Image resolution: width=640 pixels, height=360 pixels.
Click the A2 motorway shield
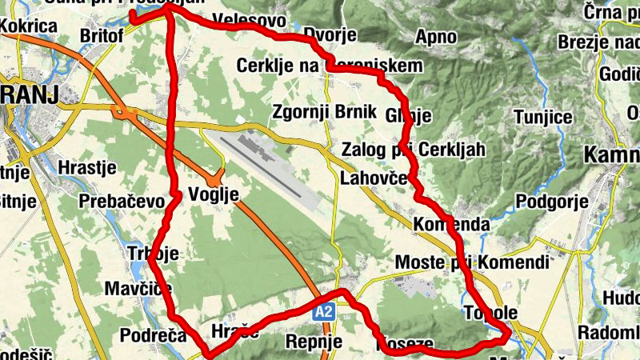coord(323,313)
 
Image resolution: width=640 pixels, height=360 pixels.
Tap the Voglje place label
coord(214,193)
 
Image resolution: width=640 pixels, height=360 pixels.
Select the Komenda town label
coord(451,225)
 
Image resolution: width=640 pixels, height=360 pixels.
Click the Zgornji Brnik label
coord(324,111)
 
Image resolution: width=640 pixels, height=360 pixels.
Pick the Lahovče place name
coord(374,178)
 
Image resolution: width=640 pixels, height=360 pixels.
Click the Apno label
coord(436,36)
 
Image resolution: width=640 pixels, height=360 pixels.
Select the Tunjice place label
coord(544,118)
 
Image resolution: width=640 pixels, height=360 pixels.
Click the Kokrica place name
coord(30,26)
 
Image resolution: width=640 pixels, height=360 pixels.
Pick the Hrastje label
coord(88,168)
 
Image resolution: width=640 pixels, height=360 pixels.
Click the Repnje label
coord(314,342)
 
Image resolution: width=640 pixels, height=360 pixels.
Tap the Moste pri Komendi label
coord(473,262)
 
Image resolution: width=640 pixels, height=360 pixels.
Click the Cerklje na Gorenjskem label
coord(328,66)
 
